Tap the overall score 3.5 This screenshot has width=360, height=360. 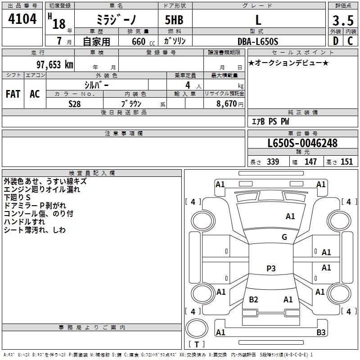342,20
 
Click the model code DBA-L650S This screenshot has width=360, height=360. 258,41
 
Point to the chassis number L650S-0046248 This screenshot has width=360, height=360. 302,144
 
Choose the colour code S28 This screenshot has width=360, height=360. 75,103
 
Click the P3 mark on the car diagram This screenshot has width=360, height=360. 271,269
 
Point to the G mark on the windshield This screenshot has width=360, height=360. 284,237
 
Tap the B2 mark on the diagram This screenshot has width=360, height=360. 253,300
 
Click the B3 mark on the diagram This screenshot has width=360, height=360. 321,333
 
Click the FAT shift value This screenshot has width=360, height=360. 13,94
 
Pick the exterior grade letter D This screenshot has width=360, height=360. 335,41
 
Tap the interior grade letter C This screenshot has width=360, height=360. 350,41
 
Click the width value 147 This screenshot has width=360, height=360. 310,162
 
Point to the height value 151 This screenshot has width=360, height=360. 346,162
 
